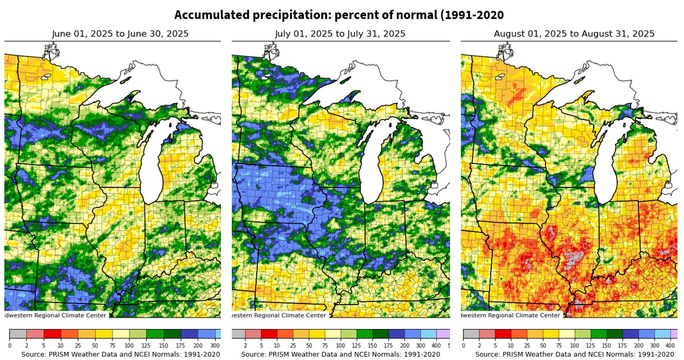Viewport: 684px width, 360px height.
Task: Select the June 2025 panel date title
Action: click(121, 34)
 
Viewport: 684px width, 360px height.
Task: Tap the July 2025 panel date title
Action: click(340, 34)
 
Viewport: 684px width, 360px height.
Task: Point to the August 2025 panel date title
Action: click(574, 34)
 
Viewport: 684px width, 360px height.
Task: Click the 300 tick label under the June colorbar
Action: click(215, 345)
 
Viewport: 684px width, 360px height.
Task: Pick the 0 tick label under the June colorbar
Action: click(10, 345)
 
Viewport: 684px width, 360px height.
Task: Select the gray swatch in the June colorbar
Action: click(18, 334)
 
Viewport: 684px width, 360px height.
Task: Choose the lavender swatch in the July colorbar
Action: click(444, 334)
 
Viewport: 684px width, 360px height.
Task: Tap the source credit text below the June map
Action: click(121, 355)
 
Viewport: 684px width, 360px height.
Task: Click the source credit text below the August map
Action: click(574, 355)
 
